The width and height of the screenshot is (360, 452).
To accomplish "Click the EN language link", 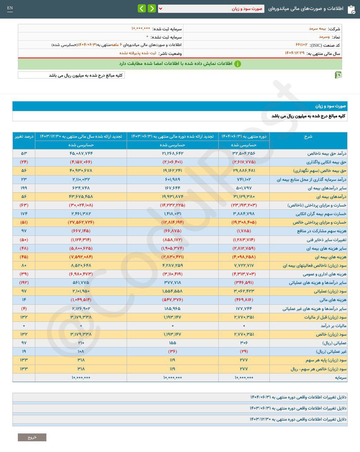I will coord(10,8).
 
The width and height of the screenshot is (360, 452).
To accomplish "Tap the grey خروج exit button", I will coord(32,437).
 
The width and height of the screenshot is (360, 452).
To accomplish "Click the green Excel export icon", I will coord(338,75).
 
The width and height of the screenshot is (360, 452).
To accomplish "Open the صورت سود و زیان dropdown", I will coord(211,9).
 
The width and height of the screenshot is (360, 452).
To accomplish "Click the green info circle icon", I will coord(238,64).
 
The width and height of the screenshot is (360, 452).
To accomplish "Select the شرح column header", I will coord(308,137).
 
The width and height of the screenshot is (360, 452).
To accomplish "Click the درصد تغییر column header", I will coord(24,137).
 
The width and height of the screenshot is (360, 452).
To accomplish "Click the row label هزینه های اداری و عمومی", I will coord(324,274).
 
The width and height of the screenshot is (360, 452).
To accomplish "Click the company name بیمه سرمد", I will coord(317,29).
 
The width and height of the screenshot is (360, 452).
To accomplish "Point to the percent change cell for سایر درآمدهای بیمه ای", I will coord(24,188).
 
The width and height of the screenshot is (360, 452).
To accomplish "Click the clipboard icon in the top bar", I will coord(351,9).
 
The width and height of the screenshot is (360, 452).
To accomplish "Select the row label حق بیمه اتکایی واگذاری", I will coord(326,162).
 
